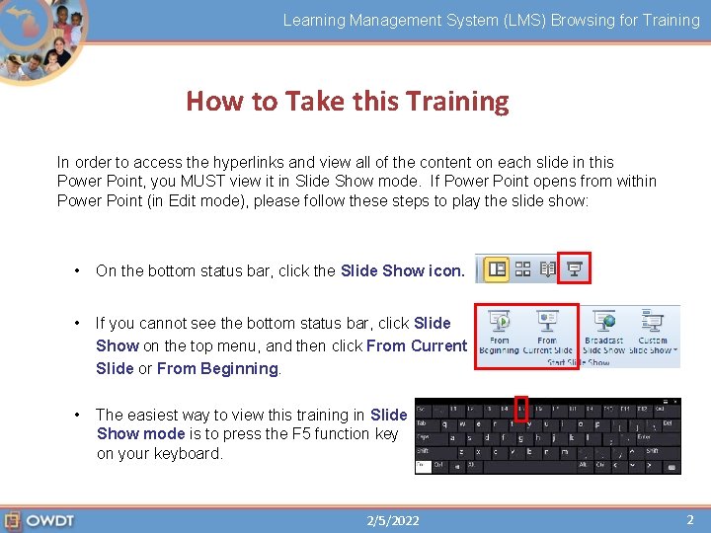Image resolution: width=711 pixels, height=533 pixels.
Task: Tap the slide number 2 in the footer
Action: (x=690, y=519)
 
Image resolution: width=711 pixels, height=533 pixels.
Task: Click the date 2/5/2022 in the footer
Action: (x=392, y=520)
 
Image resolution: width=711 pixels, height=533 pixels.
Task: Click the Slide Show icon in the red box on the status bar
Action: (x=574, y=267)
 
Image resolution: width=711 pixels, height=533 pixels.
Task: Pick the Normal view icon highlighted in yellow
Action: (x=497, y=268)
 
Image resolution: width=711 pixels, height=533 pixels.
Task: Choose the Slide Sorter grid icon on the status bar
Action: (x=523, y=268)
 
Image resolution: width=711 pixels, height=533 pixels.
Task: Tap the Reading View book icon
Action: (x=548, y=268)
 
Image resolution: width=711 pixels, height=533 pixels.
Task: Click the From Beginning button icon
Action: (x=500, y=323)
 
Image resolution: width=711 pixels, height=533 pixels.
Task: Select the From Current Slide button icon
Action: (x=547, y=323)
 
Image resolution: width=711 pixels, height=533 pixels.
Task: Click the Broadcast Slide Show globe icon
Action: (x=603, y=323)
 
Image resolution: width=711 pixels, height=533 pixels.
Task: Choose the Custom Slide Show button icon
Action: (x=653, y=323)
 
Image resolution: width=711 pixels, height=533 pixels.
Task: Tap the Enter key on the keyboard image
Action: (x=644, y=435)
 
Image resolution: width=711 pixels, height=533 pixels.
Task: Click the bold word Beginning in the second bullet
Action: (x=239, y=368)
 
